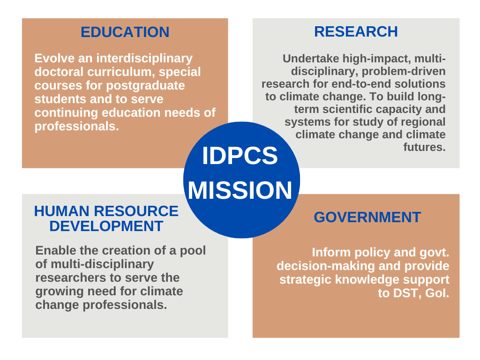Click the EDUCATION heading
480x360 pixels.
tap(125, 32)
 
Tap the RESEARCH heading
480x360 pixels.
tap(356, 31)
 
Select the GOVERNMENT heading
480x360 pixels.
tap(367, 217)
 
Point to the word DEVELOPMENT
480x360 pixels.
tap(106, 226)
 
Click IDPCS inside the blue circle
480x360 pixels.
tap(240, 156)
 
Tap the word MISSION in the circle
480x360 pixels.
tap(240, 190)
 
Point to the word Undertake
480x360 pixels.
tap(311, 59)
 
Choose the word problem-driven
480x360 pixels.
tap(404, 72)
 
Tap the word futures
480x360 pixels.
tap(424, 147)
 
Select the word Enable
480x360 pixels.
tap(56, 250)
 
